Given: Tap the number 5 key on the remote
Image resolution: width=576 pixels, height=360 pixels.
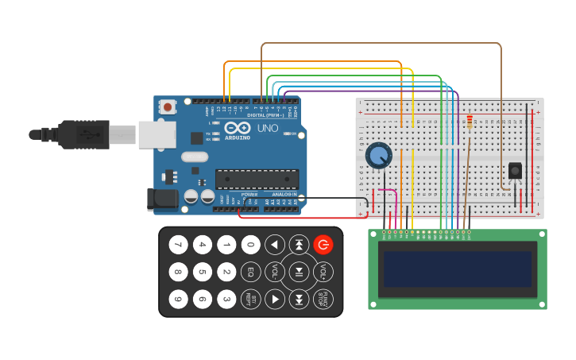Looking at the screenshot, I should [x=203, y=272].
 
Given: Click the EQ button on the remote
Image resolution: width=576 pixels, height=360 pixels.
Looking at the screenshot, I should [x=250, y=272].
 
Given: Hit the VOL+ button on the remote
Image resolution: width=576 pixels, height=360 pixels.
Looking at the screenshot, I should [x=323, y=272].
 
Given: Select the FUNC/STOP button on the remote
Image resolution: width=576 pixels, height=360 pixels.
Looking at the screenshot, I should [x=323, y=299].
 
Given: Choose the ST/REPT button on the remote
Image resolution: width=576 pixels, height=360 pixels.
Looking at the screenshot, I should [x=250, y=299].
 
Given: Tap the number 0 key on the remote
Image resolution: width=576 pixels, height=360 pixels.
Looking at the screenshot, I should [x=250, y=245].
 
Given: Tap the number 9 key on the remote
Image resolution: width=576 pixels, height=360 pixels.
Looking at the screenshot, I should [x=178, y=299].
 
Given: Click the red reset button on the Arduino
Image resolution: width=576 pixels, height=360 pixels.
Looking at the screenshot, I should [x=168, y=106].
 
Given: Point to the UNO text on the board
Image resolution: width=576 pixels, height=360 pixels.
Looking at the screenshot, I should [x=268, y=128].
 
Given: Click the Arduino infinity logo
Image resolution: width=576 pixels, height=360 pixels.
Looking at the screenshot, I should [x=237, y=127].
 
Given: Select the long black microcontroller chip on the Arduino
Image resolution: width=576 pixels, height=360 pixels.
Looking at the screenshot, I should [x=257, y=180].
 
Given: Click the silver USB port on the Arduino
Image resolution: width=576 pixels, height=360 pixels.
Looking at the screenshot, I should [x=157, y=134].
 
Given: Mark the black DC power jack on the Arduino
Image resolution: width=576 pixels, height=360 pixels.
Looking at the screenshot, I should [x=163, y=199].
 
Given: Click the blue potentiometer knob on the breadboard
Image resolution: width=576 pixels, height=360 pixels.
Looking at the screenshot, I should [x=379, y=155].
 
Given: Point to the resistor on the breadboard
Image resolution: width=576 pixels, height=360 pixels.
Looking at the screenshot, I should [x=470, y=122].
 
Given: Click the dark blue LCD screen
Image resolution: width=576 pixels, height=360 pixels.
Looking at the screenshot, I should [x=457, y=269].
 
